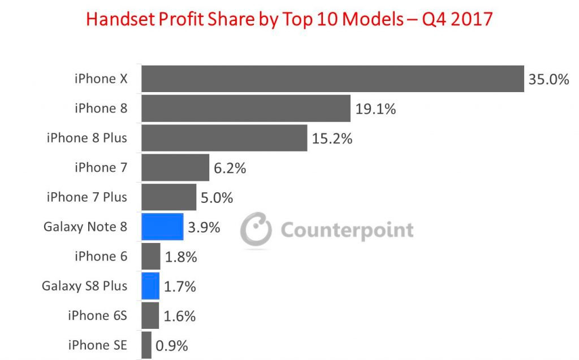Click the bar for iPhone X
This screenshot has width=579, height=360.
coord(332,79)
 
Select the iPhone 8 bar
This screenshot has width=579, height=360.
coord(245,109)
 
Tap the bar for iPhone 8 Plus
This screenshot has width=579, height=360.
coord(224,138)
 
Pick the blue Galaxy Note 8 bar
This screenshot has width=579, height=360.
coord(162,227)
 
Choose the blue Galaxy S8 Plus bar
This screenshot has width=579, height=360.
coord(150,286)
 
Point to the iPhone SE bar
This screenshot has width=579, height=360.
coord(146,345)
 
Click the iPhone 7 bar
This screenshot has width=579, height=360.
coord(175,168)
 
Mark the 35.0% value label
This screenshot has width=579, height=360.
coord(548,79)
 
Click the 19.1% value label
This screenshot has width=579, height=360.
coord(375,109)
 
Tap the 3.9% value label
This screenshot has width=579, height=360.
coord(204,227)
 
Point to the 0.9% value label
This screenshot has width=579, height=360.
coord(172,345)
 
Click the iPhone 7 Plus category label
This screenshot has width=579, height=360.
coord(87,197)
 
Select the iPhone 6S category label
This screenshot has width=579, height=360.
coord(97,315)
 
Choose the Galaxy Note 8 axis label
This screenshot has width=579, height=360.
coord(85,227)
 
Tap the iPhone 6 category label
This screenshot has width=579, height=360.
coord(101,257)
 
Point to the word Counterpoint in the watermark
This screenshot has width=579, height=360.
coord(347,231)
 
